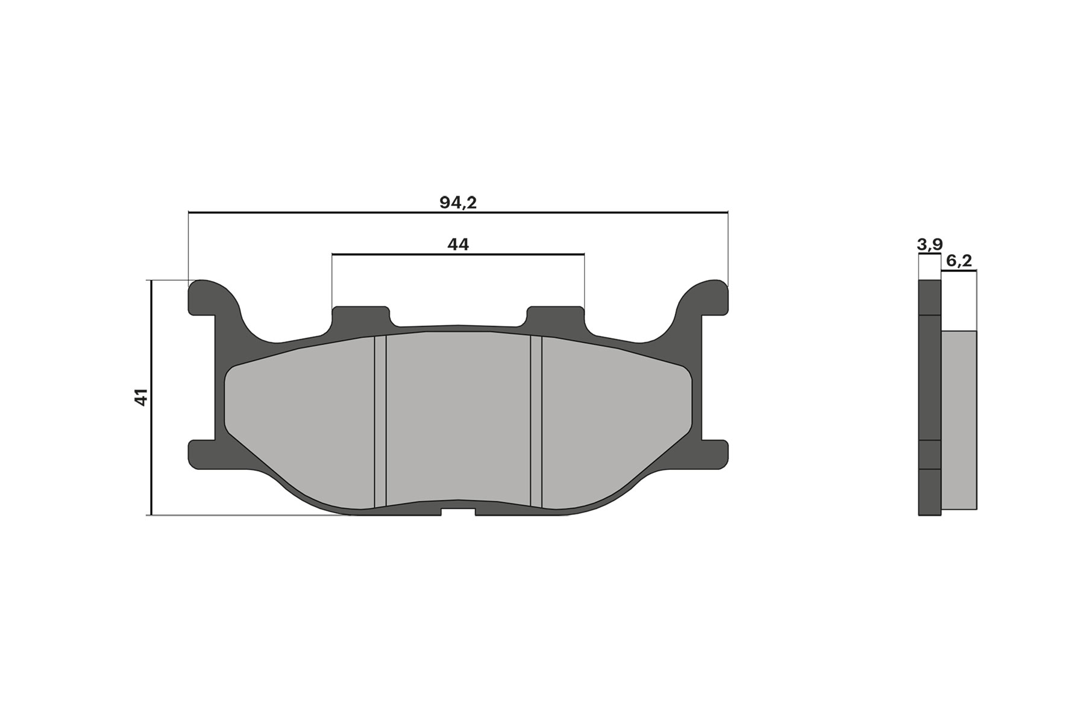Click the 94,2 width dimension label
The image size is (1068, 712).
pos(458,203)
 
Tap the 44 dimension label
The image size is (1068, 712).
pos(458,245)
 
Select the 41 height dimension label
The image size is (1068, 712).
pos(141,398)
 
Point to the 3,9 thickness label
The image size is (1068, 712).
pos(929,245)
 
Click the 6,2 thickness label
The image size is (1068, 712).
pos(959,261)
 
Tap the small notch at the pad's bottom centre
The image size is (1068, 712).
pos(458,512)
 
